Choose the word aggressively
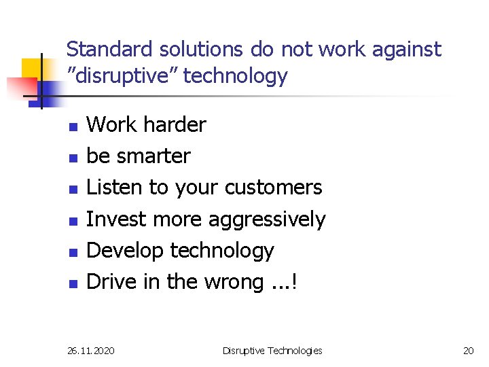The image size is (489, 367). pos(267,220)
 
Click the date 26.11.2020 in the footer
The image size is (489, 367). pos(91,351)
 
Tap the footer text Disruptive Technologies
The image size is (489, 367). pos(272,351)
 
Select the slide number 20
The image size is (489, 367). pos(468,351)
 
